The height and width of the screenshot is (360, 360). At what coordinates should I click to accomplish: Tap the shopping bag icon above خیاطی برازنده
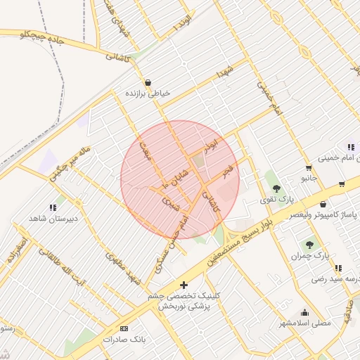click(x=148, y=82)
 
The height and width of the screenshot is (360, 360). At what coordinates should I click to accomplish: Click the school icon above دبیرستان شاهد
click(x=53, y=207)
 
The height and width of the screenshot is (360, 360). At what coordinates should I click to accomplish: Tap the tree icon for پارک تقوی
click(x=277, y=188)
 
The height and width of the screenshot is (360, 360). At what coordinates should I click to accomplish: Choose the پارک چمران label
click(x=310, y=255)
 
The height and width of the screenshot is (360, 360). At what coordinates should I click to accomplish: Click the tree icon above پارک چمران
click(x=309, y=244)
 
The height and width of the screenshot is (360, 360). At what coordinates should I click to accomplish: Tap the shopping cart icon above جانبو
click(x=309, y=167)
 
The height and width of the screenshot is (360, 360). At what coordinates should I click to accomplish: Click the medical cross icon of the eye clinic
click(x=184, y=285)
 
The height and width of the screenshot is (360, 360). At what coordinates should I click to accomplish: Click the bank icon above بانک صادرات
click(x=124, y=328)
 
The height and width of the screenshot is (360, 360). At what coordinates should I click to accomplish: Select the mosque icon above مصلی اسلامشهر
click(x=304, y=313)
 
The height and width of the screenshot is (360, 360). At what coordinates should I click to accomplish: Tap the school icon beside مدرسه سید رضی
click(x=339, y=268)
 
